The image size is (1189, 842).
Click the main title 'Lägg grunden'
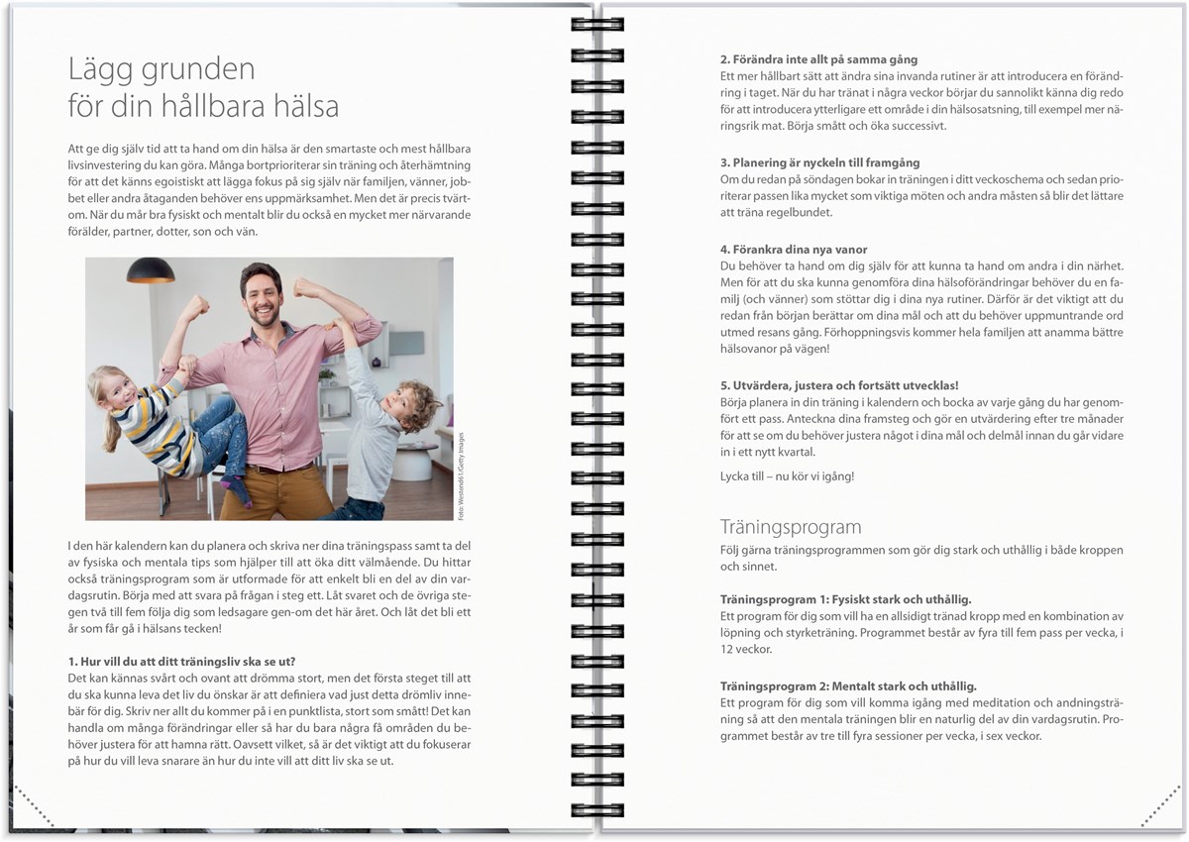[162, 69]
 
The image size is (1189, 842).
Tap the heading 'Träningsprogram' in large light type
[790, 526]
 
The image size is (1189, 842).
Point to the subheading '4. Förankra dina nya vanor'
[794, 250]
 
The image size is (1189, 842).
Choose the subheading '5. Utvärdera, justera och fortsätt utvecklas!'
[839, 384]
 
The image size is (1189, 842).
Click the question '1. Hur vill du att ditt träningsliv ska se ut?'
[181, 661]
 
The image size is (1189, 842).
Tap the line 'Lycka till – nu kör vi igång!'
[787, 476]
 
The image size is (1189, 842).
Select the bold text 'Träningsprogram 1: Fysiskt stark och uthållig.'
[845, 599]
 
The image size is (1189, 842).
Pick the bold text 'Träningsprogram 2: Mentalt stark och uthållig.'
[848, 685]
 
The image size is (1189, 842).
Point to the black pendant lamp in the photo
[151, 270]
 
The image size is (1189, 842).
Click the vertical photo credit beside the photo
[461, 476]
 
